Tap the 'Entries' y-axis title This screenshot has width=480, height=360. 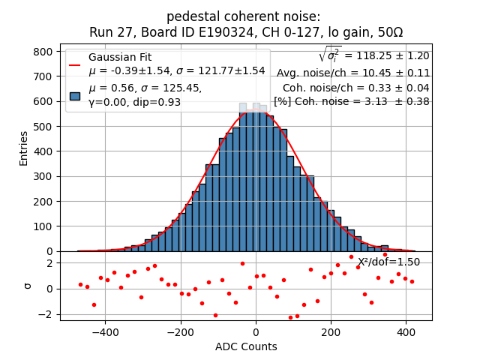[24, 148]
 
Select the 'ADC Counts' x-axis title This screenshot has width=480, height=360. [246, 346]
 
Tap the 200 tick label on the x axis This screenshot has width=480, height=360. [330, 331]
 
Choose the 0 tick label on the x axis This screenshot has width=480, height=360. [256, 331]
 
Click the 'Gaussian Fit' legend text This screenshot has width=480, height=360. [120, 57]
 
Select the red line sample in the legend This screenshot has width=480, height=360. [75, 64]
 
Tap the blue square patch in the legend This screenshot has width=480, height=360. [75, 95]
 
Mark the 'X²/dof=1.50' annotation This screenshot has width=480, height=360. [388, 262]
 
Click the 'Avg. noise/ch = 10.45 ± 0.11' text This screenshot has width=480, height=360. [353, 73]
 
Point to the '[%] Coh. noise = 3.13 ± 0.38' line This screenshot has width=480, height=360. [352, 101]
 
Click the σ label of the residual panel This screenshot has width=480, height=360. [27, 286]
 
